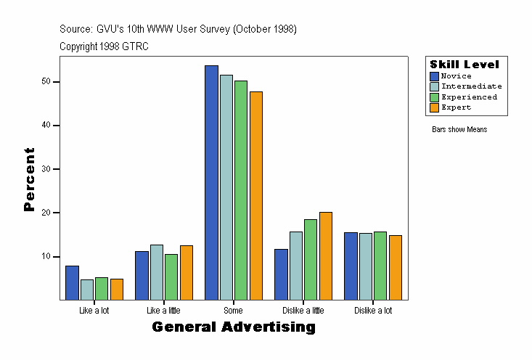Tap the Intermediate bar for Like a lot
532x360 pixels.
(x=87, y=290)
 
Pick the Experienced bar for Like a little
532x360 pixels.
(x=171, y=277)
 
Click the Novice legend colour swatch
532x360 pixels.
(x=434, y=76)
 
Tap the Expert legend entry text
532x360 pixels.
(x=457, y=107)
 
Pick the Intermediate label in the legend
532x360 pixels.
(x=472, y=86)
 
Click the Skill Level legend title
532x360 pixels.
(x=465, y=65)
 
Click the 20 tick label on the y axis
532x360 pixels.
(x=46, y=213)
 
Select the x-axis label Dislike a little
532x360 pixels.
(x=303, y=311)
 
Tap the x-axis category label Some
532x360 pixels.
(x=233, y=311)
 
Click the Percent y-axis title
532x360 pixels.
(x=29, y=179)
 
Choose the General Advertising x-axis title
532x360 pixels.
(x=234, y=327)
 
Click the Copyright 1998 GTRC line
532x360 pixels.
(x=104, y=46)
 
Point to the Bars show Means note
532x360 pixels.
(x=459, y=130)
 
